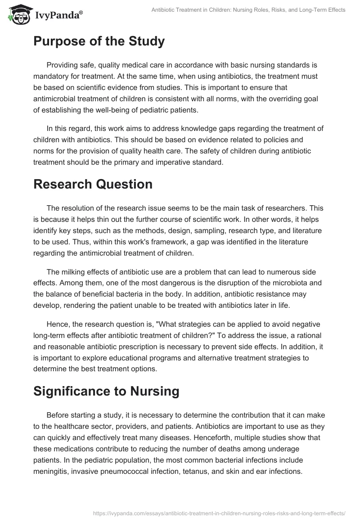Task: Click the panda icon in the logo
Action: tap(18, 15)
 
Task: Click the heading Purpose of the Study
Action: tap(99, 41)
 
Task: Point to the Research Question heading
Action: tap(93, 184)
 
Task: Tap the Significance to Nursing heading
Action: tap(106, 391)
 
